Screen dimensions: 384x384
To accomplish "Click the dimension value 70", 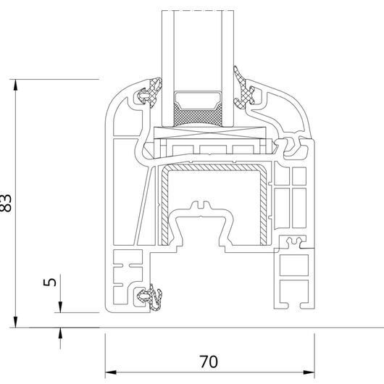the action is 209,362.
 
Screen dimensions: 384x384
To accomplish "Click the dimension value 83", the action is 5,203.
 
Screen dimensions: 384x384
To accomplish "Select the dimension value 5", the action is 49,282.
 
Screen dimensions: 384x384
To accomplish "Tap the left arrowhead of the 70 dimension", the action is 111,372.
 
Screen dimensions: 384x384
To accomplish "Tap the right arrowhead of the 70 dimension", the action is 309,372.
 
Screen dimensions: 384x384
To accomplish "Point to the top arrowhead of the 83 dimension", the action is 15,85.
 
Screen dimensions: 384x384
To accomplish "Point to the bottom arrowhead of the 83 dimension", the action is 15,322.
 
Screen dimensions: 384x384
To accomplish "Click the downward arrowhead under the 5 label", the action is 60,307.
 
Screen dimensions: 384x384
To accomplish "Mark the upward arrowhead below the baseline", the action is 60,333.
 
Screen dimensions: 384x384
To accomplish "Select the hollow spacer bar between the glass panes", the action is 198,100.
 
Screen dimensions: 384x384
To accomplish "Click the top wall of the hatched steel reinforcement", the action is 213,167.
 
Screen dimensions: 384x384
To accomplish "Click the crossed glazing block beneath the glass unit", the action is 209,133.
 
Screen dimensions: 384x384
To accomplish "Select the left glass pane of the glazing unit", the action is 168,69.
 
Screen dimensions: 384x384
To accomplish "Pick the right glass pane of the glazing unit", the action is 228,69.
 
